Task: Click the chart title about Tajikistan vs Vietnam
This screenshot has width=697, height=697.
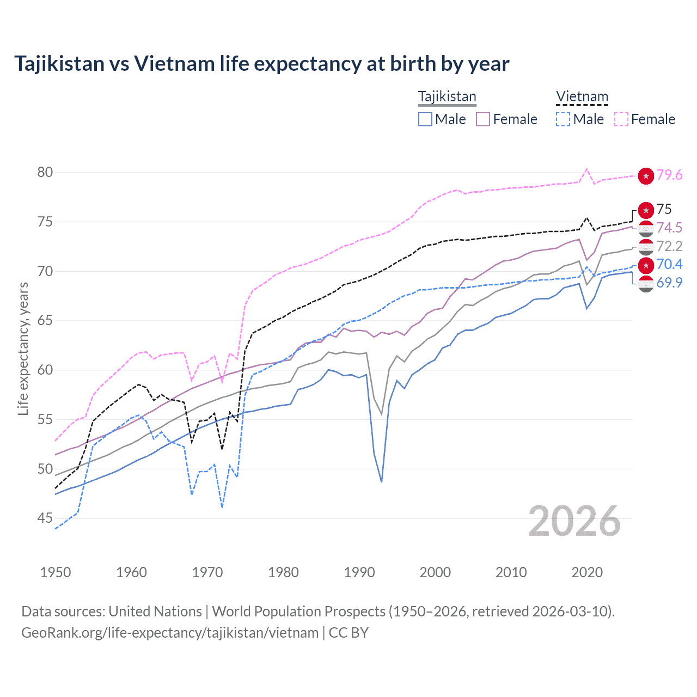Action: pos(261,64)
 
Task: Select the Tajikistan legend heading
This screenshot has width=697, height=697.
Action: pos(447,96)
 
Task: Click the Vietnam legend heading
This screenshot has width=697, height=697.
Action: pos(582,96)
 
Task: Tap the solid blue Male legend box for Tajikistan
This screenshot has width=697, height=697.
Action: pos(425,119)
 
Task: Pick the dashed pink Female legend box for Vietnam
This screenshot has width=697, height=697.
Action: pos(621,119)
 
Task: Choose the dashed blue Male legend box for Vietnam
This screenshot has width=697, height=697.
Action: pos(563,119)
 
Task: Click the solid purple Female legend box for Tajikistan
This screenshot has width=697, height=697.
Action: pos(483,119)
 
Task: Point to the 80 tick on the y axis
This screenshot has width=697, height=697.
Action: pos(45,173)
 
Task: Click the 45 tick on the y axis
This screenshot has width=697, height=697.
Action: pos(45,518)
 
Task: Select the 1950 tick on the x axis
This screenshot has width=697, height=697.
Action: pos(56,572)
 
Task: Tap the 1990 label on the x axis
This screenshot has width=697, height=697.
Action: pos(359,572)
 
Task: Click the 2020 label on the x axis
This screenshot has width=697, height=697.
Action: pos(587,572)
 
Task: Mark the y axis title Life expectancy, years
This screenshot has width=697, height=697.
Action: pos(23,348)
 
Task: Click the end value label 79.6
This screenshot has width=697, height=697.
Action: pos(669,175)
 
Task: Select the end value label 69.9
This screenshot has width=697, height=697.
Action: pos(669,283)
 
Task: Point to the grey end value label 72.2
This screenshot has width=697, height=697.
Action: pos(669,247)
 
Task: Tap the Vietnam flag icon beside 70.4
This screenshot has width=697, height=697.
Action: pos(646,265)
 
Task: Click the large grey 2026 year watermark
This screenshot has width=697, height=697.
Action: pos(574,522)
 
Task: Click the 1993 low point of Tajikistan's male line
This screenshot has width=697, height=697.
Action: pos(382,481)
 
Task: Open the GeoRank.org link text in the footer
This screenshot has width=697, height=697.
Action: pos(170,633)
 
